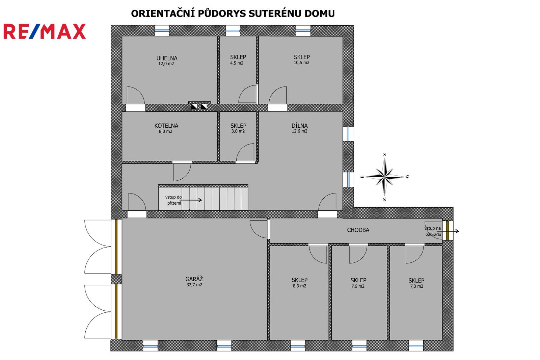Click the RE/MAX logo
pos(45,31)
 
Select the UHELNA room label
pos(167,58)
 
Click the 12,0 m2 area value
pos(166,64)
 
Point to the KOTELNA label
pos(166,126)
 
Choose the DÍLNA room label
pos(300,126)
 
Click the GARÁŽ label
pos(194,279)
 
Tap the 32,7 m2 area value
pos(194,285)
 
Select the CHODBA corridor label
pos(358,230)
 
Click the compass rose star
pos(385,177)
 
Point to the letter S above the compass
pos(384,154)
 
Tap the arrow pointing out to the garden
pos(448,231)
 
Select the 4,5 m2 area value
pos(237,63)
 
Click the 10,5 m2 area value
pos(302,63)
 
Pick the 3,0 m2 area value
pos(238,131)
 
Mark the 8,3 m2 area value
pos(299,286)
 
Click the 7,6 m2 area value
pos(358,286)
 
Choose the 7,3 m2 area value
pos(417,286)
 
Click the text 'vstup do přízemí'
pos(173,200)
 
